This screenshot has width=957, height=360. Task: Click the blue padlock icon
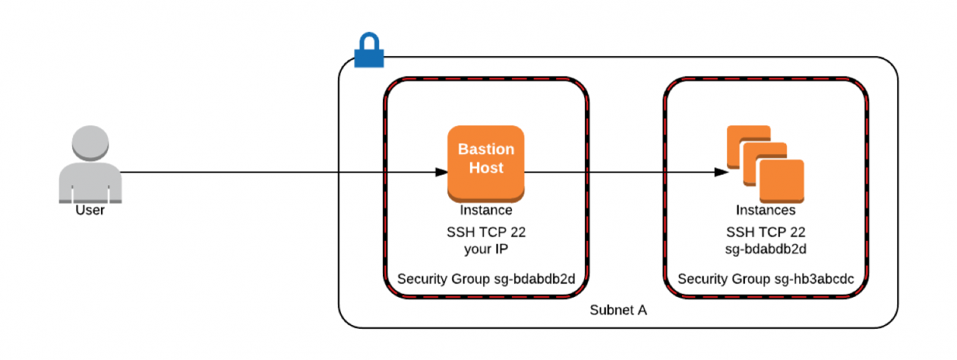tap(369, 50)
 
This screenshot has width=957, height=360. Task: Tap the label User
tap(90, 210)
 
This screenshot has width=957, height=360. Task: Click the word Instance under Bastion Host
tap(485, 210)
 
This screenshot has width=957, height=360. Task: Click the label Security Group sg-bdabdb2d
tap(485, 279)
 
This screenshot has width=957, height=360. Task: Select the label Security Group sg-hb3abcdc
tap(766, 279)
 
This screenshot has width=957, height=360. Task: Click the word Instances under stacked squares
tap(765, 210)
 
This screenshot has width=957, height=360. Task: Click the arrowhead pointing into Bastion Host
tap(441, 172)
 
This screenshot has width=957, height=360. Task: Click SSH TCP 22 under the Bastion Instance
tap(485, 232)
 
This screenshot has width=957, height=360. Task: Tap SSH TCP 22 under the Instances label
tap(765, 232)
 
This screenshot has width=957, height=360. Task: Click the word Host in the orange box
tap(485, 168)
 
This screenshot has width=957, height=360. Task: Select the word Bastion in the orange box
tap(485, 150)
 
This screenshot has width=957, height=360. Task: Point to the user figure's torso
tap(90, 182)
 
